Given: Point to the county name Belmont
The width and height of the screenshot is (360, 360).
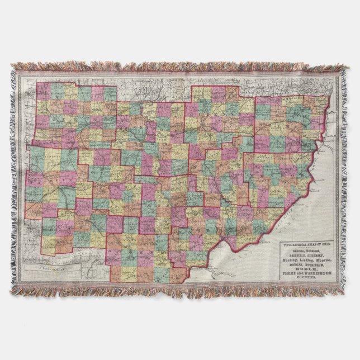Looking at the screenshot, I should click(x=316, y=251).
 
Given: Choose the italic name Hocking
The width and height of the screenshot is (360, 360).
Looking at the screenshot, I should click(x=290, y=260).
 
